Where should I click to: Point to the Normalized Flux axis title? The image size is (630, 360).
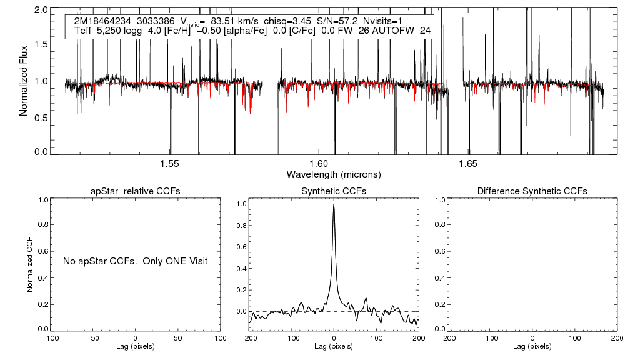pos(23,81)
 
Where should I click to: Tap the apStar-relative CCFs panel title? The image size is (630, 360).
pos(136,191)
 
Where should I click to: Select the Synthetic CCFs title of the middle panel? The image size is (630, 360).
pos(334,191)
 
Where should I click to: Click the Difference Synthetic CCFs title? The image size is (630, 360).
pos(532,191)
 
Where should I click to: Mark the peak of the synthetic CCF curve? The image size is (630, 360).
pos(334,204)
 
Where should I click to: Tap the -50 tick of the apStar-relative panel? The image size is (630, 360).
pos(93,338)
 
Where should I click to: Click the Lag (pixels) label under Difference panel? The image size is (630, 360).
pos(532,346)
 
